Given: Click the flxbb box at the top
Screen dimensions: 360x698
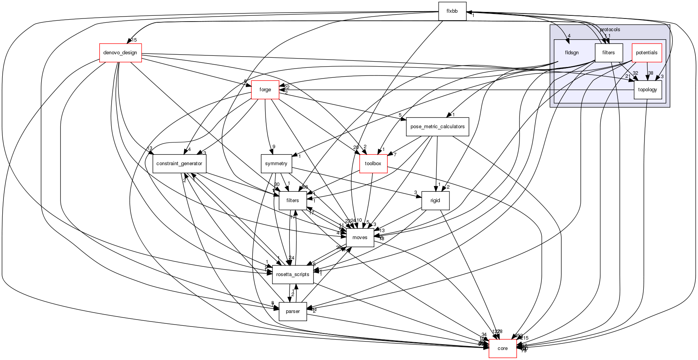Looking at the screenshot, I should point(452,11).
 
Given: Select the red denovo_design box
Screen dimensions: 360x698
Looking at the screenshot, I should point(120,53).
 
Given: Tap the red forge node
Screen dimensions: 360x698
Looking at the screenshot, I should point(265,90).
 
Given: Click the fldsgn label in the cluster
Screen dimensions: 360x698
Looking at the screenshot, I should point(572,53).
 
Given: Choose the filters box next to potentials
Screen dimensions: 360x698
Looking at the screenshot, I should point(608,53).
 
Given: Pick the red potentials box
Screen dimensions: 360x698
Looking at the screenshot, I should point(646,53).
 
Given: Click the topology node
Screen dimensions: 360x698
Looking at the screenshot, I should point(648,90).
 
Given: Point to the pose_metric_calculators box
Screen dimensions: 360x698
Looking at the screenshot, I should point(438,127).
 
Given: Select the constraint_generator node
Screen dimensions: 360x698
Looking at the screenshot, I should point(179,164).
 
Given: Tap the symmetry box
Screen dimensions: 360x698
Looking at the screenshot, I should point(276,164).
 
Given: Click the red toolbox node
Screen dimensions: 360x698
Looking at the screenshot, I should point(373,164).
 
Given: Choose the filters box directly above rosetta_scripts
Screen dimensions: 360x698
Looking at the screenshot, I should point(292,201).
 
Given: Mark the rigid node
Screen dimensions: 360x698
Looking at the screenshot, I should point(435,201).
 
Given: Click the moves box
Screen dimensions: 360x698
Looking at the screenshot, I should point(360,238).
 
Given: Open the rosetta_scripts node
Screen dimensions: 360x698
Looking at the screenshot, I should point(292,275).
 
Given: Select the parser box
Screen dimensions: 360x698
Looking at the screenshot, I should point(292,311).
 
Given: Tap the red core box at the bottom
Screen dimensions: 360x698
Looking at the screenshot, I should point(503,348).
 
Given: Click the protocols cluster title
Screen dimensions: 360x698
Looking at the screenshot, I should point(610,30).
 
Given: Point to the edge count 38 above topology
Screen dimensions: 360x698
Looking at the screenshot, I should point(650,73).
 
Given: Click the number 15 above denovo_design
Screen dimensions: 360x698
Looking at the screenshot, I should point(134,40).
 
